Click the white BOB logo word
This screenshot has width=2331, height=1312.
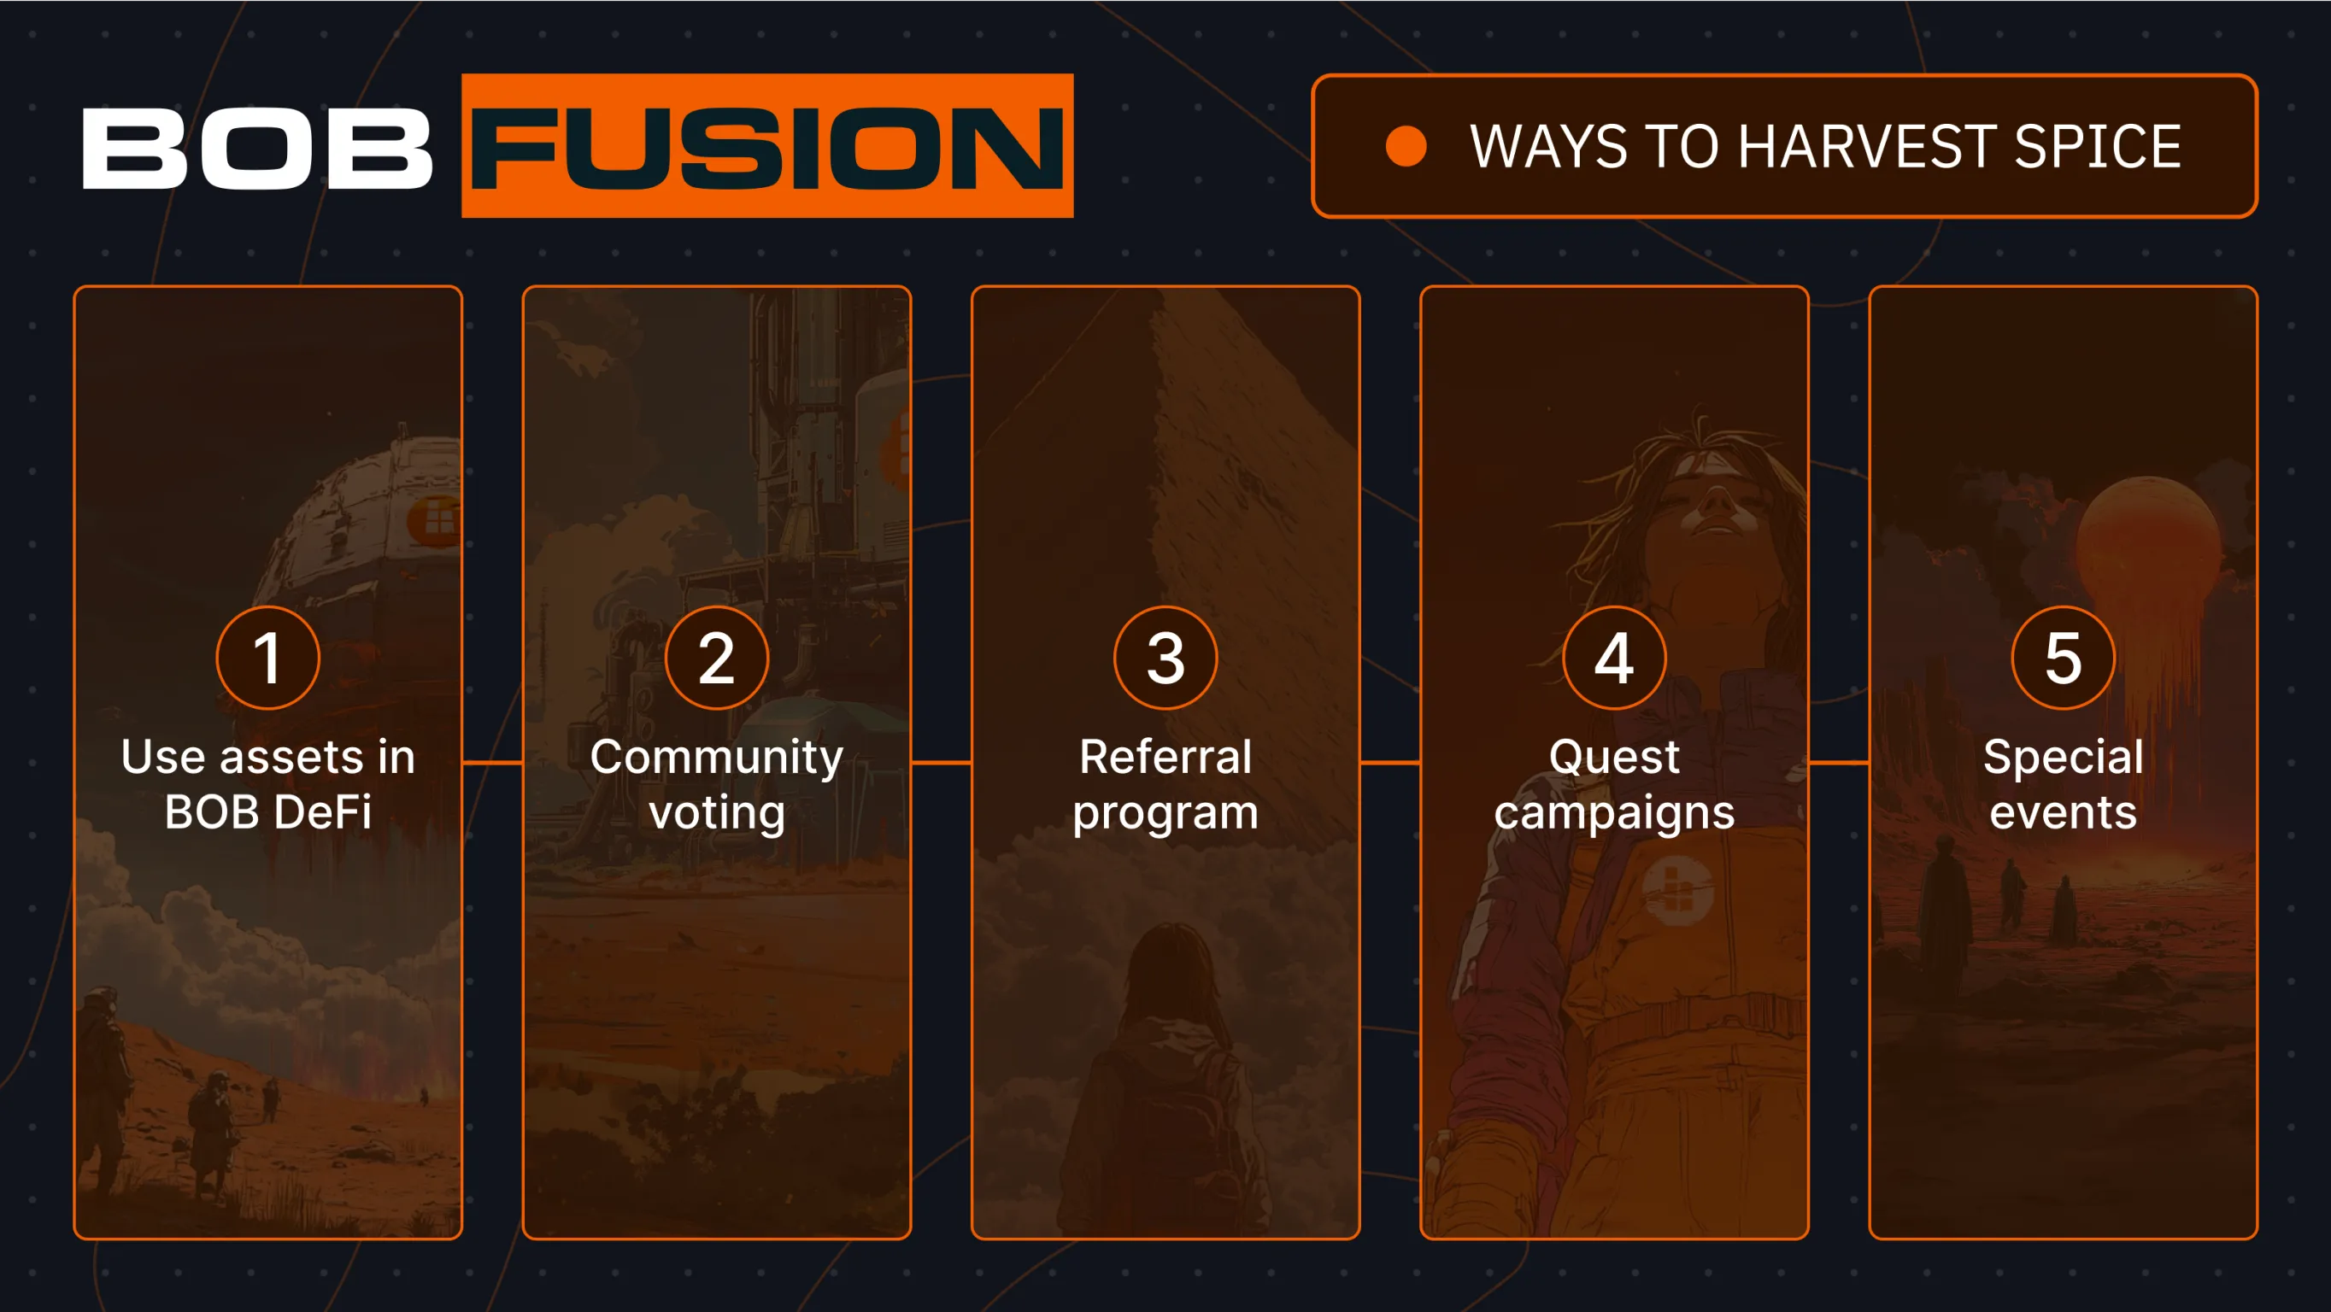tap(257, 149)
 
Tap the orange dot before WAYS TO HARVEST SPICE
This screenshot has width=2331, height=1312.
tap(1406, 147)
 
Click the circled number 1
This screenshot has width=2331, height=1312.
tap(267, 658)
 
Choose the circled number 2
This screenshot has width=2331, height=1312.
tap(717, 658)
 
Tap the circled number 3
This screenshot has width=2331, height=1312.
tap(1165, 658)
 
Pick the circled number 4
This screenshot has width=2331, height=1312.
tap(1614, 658)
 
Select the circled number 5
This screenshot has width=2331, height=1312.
tap(2064, 658)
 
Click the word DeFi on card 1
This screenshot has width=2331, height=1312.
tap(321, 811)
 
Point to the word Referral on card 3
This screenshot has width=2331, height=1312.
tap(1165, 757)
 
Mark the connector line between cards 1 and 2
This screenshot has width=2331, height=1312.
tap(492, 763)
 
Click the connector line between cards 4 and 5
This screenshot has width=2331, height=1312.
tap(1839, 763)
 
